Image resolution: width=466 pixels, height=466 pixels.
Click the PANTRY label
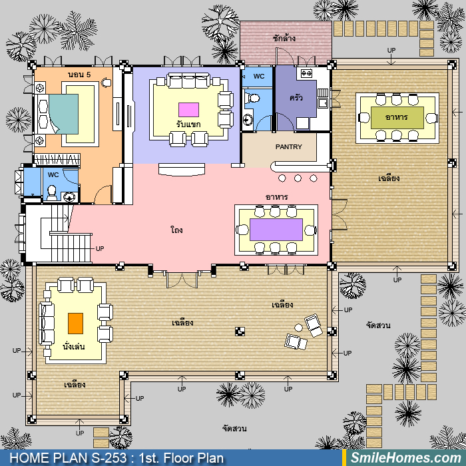(288, 147)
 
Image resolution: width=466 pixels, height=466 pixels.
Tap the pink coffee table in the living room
(188, 110)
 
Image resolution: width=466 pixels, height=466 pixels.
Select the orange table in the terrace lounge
(75, 324)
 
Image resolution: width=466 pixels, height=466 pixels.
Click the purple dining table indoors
(276, 230)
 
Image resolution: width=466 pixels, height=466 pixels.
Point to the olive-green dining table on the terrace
(397, 118)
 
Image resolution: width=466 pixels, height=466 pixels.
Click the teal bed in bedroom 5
(64, 114)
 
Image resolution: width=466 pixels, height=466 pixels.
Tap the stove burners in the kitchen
(306, 73)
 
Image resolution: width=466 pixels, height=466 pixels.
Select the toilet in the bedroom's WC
(52, 193)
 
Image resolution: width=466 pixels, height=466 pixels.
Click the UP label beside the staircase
(100, 248)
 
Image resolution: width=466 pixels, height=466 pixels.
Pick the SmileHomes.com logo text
(405, 458)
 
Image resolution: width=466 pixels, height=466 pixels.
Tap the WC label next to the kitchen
(259, 77)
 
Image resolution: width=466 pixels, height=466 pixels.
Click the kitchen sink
(322, 103)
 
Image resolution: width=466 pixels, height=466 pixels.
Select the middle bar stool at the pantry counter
(298, 178)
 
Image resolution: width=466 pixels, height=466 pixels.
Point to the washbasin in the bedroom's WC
(69, 197)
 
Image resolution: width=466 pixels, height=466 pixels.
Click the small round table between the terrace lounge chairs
(298, 328)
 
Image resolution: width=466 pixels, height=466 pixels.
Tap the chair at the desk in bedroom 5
(106, 83)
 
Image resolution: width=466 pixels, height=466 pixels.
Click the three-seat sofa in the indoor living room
(188, 81)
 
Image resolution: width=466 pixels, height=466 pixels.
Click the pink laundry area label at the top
(284, 39)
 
